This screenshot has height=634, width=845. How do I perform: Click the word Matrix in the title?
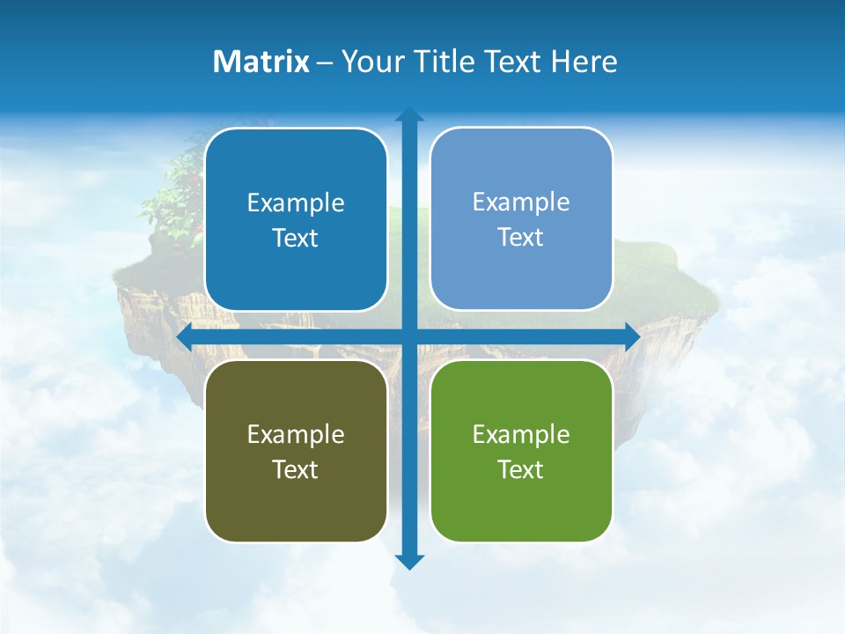(x=261, y=62)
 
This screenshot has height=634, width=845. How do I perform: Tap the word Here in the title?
(x=584, y=62)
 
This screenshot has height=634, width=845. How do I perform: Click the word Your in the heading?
(x=374, y=62)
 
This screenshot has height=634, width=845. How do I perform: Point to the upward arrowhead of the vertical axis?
(x=409, y=115)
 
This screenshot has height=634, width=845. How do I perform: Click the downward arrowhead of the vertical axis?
(x=409, y=561)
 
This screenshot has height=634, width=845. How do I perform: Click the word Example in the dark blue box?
(x=296, y=203)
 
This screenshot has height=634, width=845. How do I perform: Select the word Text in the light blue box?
(x=521, y=238)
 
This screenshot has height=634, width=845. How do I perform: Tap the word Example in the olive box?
(x=296, y=434)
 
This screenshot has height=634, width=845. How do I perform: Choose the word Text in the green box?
(x=521, y=469)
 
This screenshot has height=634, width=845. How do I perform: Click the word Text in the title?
(x=515, y=62)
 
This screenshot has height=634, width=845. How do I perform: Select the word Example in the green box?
(x=521, y=434)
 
